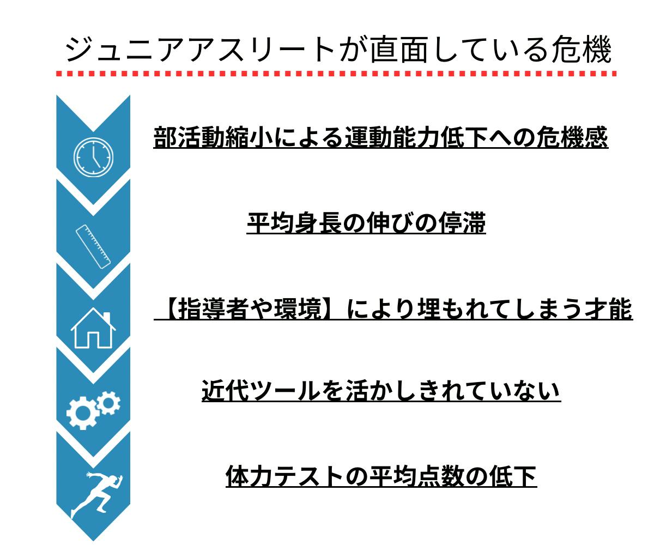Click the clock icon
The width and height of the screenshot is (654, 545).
[x=94, y=155]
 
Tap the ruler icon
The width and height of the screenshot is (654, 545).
[x=93, y=247]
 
